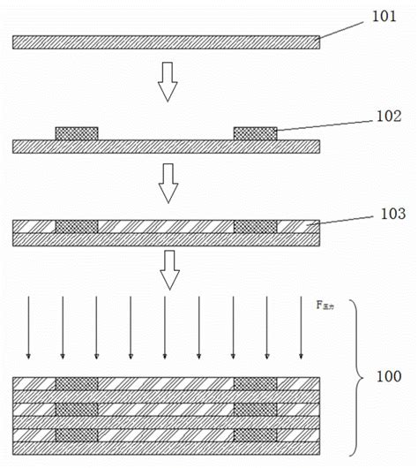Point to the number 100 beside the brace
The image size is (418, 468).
pyautogui.click(x=389, y=377)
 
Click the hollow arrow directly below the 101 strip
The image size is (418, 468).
pyautogui.click(x=167, y=84)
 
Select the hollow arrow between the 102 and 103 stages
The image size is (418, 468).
pyautogui.click(x=167, y=183)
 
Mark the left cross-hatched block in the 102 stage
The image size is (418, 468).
pyautogui.click(x=77, y=133)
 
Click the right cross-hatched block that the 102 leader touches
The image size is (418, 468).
pyautogui.click(x=254, y=133)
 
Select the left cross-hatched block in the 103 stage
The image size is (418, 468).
pyautogui.click(x=77, y=227)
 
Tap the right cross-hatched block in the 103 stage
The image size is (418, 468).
pyautogui.click(x=254, y=227)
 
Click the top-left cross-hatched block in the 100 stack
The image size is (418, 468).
pyautogui.click(x=77, y=383)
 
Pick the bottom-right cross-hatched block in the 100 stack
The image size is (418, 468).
pyautogui.click(x=254, y=435)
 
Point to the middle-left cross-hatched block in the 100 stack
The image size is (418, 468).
pyautogui.click(x=77, y=409)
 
